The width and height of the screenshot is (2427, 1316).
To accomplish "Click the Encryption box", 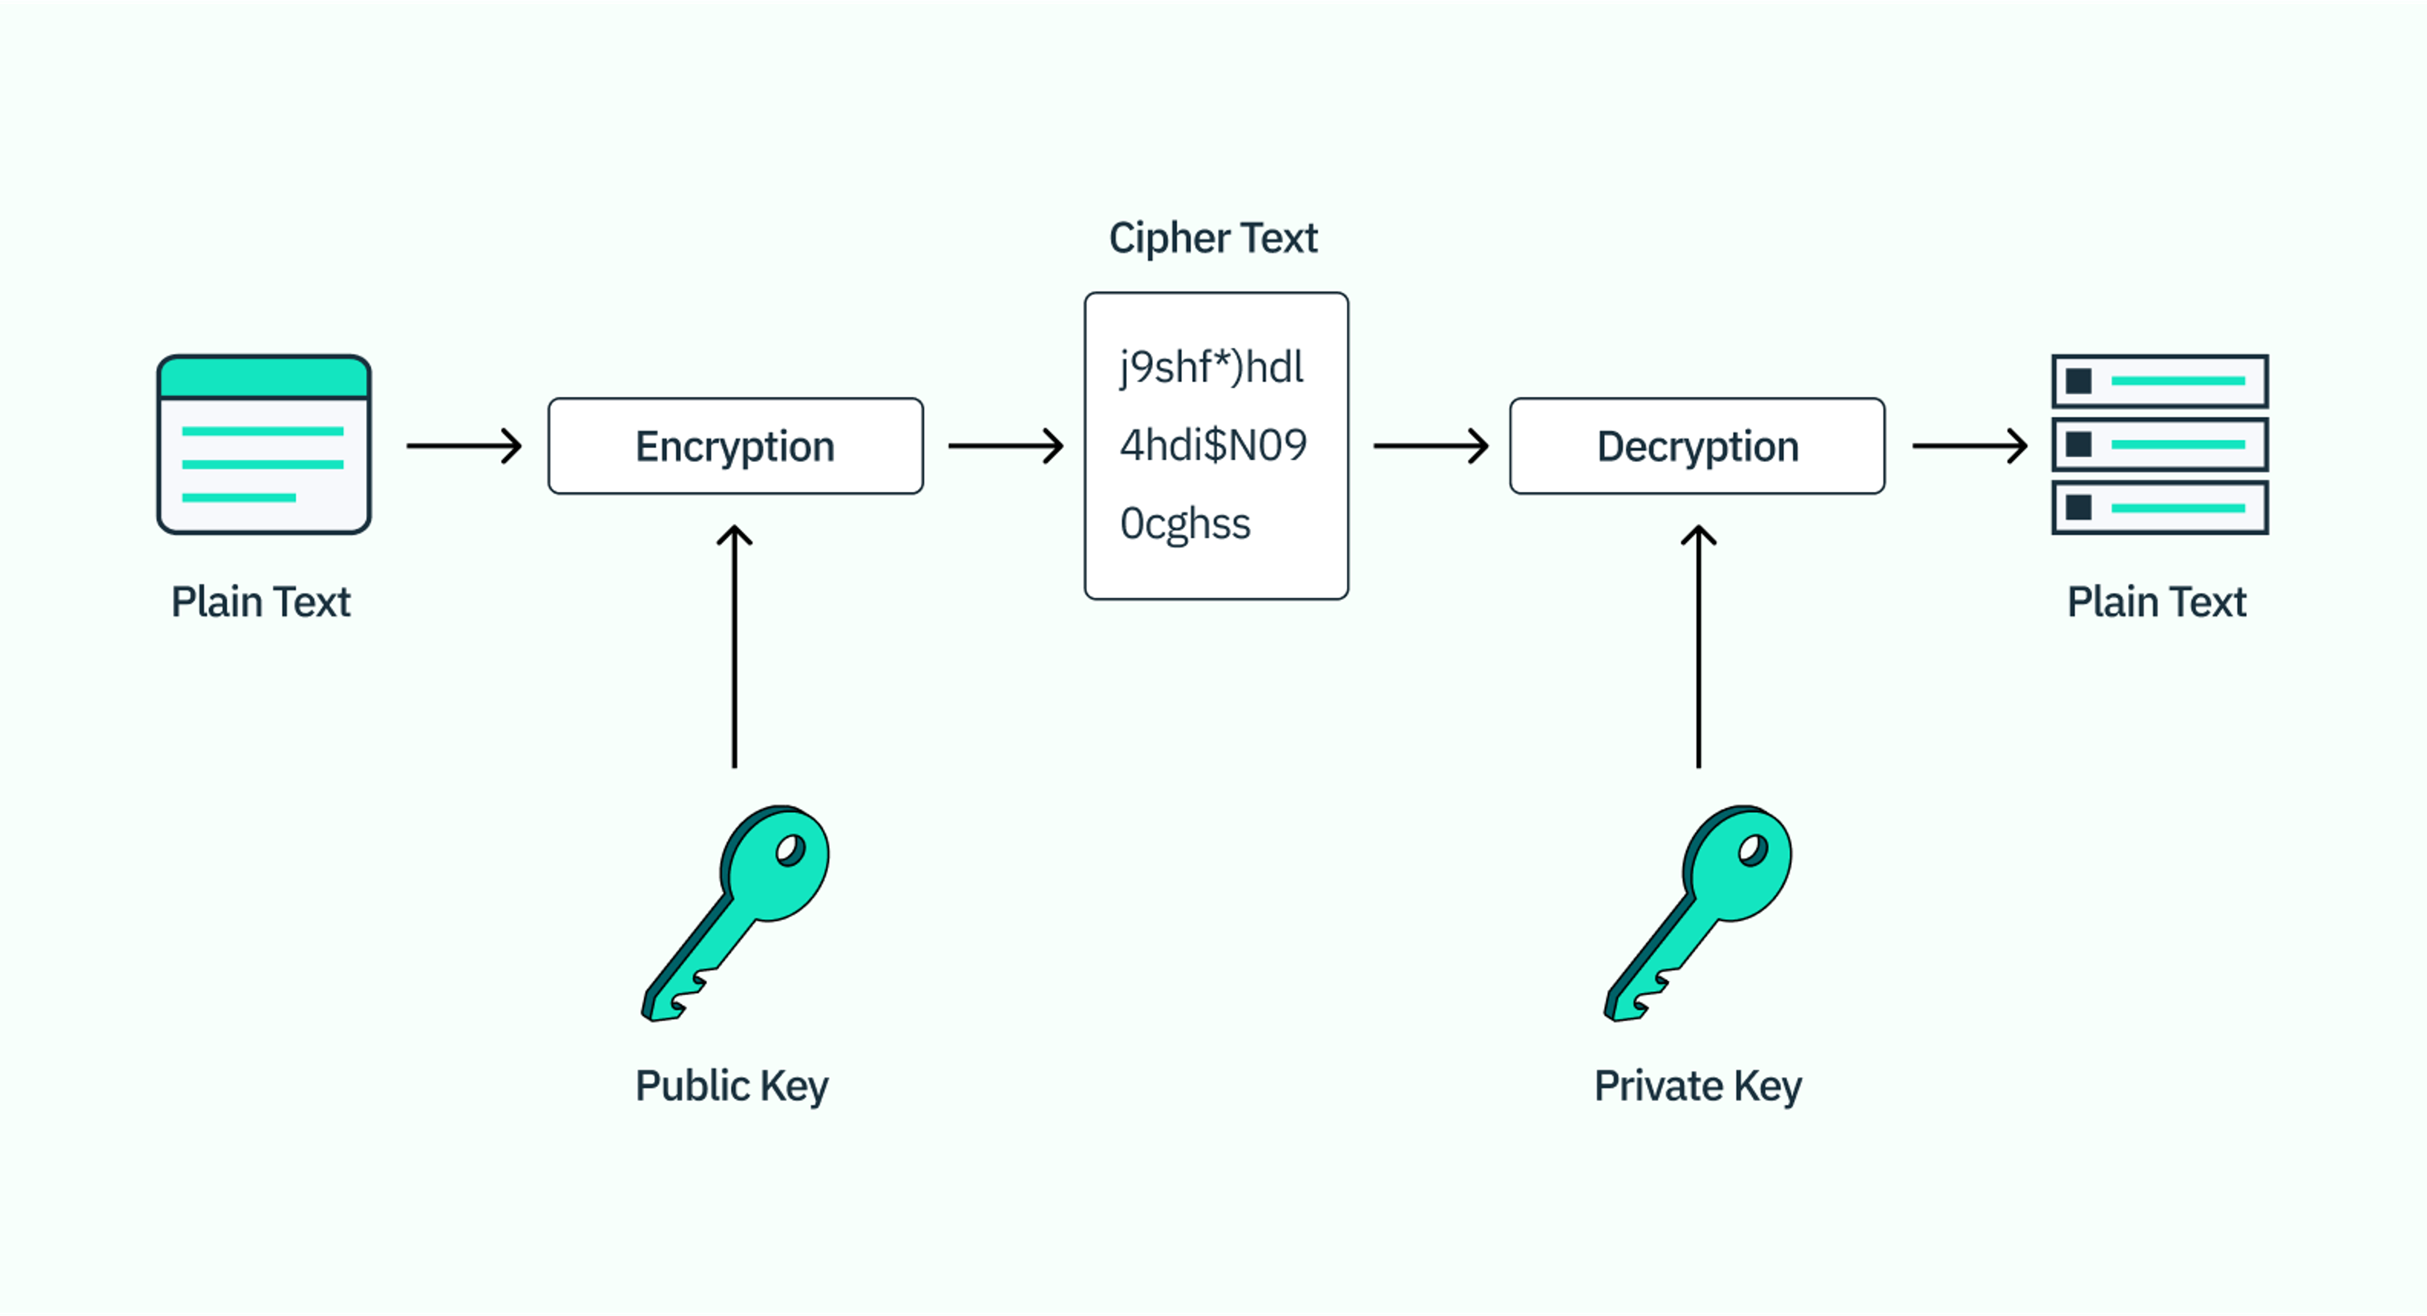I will (735, 446).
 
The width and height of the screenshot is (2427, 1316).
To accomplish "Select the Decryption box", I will (1697, 446).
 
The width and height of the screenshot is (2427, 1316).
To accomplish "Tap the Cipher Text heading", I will (1213, 238).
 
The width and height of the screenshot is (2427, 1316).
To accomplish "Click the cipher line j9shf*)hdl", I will (1211, 367).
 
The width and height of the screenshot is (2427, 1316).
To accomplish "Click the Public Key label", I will (731, 1086).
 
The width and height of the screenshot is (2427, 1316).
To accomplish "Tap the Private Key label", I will (1697, 1086).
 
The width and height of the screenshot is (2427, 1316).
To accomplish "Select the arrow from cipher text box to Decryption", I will (1430, 446).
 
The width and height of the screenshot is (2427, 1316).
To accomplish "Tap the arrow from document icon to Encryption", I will (463, 446).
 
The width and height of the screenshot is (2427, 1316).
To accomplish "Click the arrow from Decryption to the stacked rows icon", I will (1969, 446).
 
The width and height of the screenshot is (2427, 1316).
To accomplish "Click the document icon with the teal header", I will (264, 444).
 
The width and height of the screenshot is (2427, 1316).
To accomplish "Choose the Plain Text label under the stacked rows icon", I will (2156, 602).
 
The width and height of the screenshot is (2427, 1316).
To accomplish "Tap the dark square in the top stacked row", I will (2078, 381).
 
